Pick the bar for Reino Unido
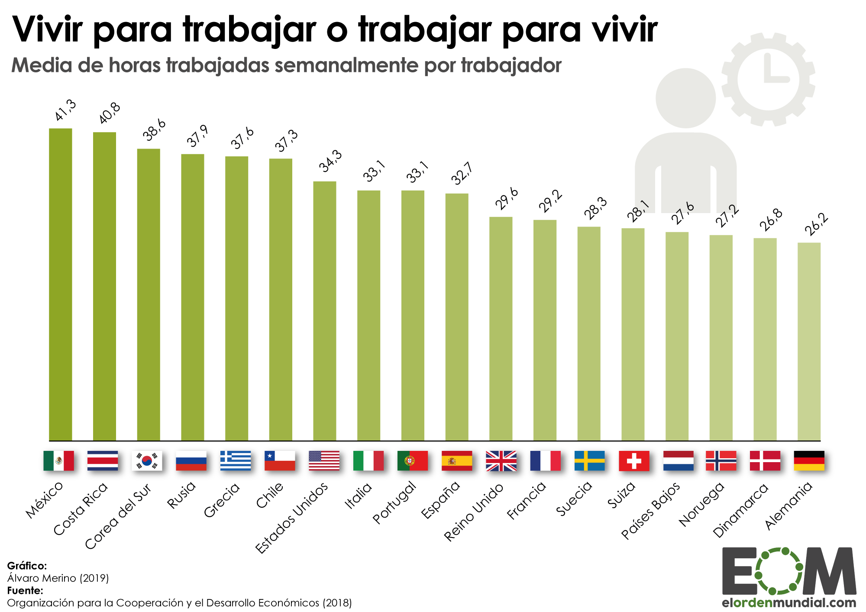coord(501,329)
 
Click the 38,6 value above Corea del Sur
coord(155,130)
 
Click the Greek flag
coord(235,460)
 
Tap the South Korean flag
coord(147,460)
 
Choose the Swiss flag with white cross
coord(634,460)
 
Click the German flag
coord(809,460)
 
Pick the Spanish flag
coord(457,460)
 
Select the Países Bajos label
coord(651,511)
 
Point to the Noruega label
coord(701,504)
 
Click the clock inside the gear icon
coord(768,80)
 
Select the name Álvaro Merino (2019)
coord(58,578)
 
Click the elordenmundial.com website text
coord(789,602)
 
